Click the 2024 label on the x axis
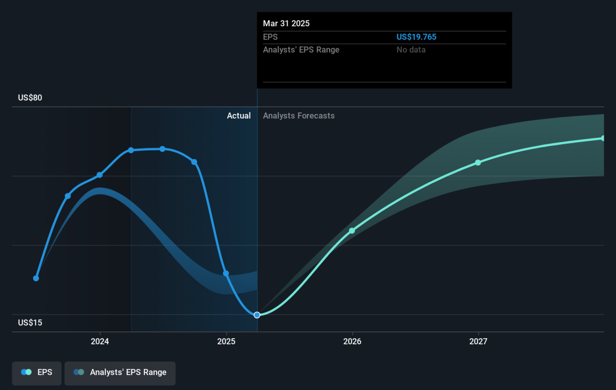tap(100, 341)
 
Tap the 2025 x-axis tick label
tap(226, 341)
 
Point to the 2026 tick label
tap(352, 341)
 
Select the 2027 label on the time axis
tap(478, 341)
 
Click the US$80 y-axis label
tap(30, 98)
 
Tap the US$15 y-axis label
tap(30, 322)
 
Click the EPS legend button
tap(36, 373)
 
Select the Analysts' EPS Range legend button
tap(120, 373)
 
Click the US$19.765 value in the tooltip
tap(416, 37)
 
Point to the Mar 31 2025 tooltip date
tap(286, 24)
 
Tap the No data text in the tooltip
tap(411, 50)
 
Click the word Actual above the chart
tap(239, 115)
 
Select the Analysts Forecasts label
tap(299, 115)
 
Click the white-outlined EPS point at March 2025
tap(257, 315)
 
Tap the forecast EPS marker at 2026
tap(352, 231)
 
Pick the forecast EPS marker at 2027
tap(478, 163)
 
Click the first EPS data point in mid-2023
tap(36, 279)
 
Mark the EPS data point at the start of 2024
tap(100, 175)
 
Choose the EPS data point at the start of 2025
tap(226, 274)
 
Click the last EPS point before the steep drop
tap(194, 162)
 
